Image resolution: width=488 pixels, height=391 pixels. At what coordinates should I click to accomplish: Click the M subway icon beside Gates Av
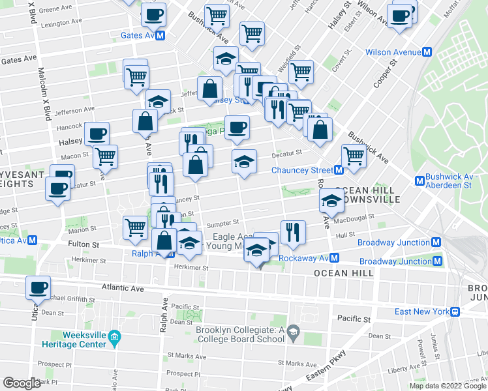coord(160,35)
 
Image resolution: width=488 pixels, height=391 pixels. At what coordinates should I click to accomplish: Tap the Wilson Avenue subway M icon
coord(428,52)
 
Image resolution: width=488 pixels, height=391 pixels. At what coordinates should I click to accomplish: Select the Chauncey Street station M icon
coord(339,171)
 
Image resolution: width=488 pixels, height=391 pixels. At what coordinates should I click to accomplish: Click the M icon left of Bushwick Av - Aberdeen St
coord(419,181)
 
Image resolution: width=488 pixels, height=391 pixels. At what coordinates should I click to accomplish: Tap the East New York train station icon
coord(455,311)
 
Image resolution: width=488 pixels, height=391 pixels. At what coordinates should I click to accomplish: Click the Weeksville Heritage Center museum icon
coord(115,338)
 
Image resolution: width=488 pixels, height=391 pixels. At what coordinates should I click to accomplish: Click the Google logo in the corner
coord(22,383)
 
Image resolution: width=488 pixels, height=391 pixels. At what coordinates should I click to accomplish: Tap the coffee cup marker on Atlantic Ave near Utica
coord(38,287)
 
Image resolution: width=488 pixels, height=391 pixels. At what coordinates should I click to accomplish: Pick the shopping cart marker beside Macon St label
coord(105,156)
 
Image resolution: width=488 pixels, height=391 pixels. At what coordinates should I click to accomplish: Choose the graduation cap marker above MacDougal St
coord(331,203)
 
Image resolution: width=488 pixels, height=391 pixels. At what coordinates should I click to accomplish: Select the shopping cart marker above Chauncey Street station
coord(354,156)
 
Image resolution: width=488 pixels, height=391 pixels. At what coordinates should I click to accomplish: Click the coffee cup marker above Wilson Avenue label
coord(399,14)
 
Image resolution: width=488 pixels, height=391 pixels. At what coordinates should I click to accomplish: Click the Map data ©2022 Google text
coord(447,386)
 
